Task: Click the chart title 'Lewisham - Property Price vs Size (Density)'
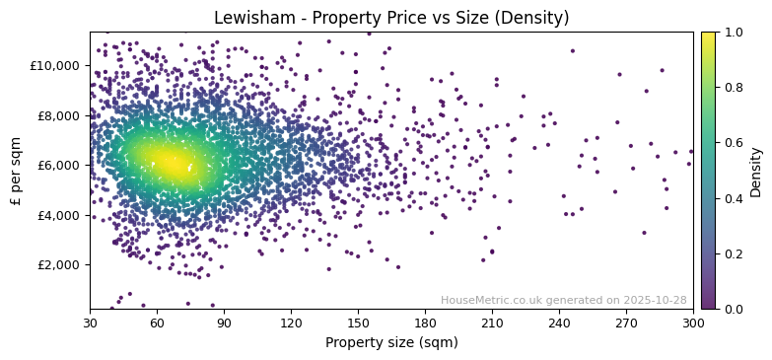pyautogui.click(x=391, y=18)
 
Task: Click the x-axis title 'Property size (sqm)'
pyautogui.click(x=391, y=343)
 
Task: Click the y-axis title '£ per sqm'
pyautogui.click(x=16, y=170)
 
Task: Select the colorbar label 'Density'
pyautogui.click(x=755, y=171)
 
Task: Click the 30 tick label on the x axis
pyautogui.click(x=90, y=323)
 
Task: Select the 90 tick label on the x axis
pyautogui.click(x=224, y=323)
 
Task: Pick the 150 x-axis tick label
pyautogui.click(x=358, y=323)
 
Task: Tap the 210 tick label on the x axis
pyautogui.click(x=492, y=323)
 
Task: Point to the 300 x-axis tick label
pyautogui.click(x=693, y=323)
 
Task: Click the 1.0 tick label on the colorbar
pyautogui.click(x=735, y=33)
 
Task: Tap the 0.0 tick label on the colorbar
pyautogui.click(x=735, y=309)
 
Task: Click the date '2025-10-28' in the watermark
pyautogui.click(x=655, y=301)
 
